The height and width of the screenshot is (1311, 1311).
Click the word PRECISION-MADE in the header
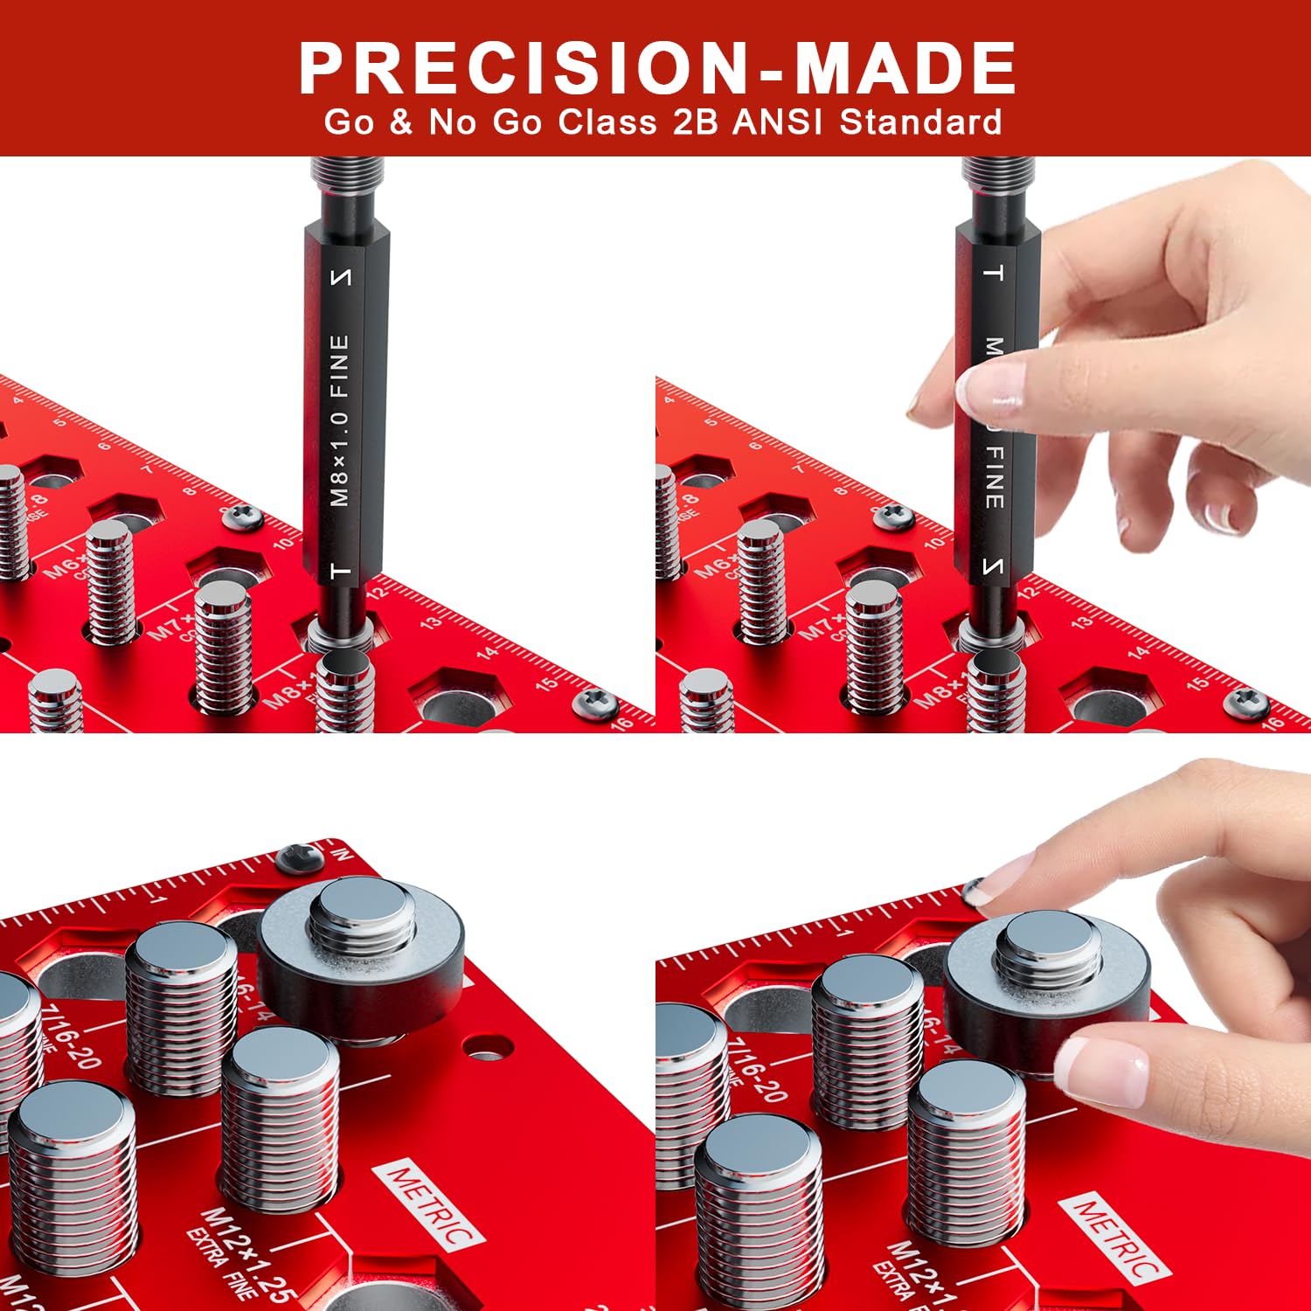[657, 68]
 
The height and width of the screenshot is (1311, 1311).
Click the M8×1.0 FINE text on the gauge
[340, 420]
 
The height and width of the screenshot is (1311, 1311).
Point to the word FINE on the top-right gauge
[995, 477]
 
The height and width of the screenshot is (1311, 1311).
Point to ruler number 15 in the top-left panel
[547, 683]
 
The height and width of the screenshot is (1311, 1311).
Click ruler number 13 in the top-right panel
[1081, 622]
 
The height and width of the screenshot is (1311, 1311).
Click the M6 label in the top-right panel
[714, 566]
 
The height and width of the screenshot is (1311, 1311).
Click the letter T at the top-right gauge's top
[994, 273]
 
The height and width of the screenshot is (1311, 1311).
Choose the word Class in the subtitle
[607, 122]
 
